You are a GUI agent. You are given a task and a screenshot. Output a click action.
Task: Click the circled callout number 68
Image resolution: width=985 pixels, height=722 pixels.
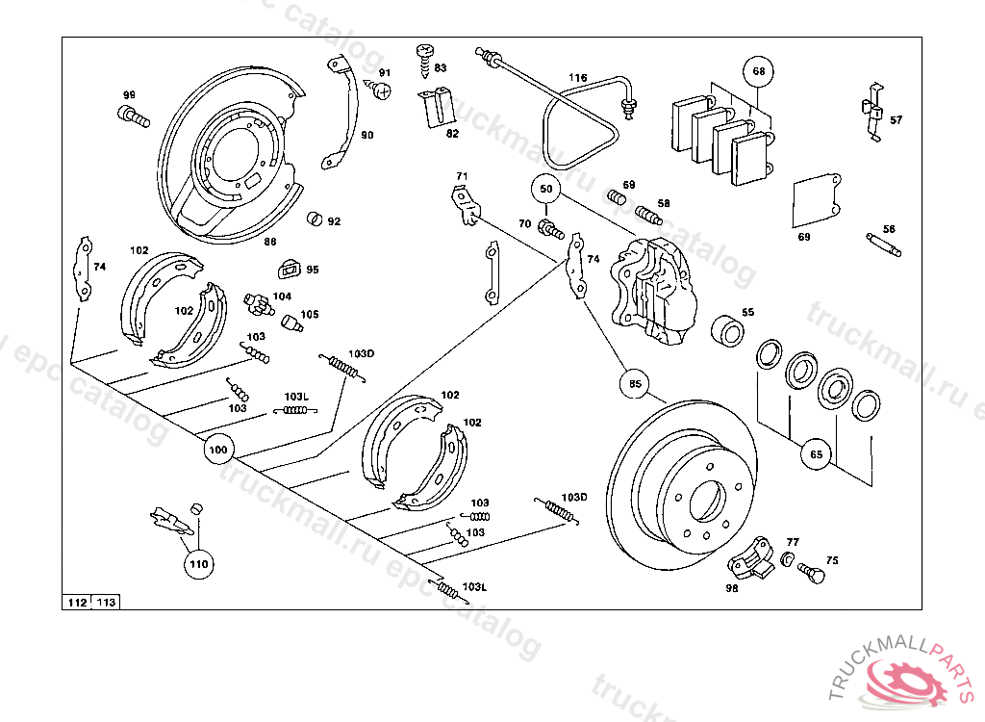758,71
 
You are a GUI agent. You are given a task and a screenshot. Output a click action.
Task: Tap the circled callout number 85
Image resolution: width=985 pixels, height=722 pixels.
634,384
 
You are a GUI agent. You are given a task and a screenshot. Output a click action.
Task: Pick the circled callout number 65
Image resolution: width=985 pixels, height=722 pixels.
817,453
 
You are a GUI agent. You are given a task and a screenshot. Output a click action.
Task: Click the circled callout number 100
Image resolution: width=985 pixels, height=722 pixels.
218,449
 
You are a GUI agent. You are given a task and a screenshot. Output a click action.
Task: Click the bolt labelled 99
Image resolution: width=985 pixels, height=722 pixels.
133,117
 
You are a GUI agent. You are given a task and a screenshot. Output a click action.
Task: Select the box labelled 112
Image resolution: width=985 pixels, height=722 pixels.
77,603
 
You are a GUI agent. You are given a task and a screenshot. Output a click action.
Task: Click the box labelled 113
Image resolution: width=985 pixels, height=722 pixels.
106,603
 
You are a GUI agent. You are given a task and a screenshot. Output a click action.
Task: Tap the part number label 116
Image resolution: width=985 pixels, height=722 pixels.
576,78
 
